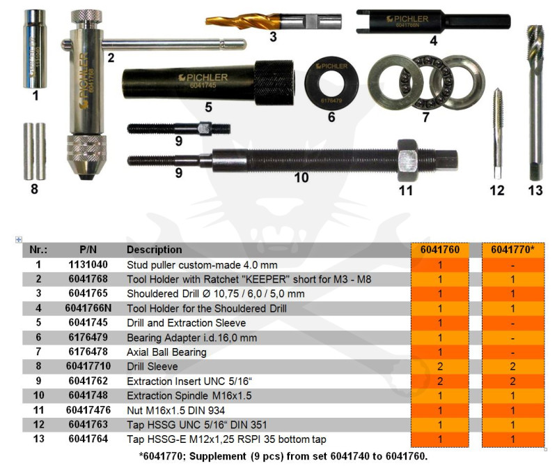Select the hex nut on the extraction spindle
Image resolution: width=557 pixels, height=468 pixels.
407,160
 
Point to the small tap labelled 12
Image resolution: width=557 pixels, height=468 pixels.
498,133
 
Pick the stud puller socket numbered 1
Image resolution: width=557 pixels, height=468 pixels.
35,49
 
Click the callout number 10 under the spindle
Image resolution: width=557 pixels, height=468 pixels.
301,178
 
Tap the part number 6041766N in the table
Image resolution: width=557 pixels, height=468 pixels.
88,308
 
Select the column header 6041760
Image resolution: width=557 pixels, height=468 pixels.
440,250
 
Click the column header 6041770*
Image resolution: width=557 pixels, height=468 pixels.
512,250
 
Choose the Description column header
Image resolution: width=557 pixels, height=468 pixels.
154,250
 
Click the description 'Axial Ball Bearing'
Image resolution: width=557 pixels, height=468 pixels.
166,352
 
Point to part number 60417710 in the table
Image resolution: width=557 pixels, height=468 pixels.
88,366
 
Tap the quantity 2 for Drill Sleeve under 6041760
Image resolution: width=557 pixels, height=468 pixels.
440,367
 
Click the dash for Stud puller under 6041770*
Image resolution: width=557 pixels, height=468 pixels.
512,266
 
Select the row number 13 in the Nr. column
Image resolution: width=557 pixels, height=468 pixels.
39,439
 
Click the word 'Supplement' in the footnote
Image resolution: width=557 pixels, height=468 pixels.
217,457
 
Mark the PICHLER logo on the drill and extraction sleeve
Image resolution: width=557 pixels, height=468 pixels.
203,77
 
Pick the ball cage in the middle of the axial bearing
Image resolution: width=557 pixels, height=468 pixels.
426,82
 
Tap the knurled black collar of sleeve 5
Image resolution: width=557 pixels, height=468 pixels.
274,83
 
